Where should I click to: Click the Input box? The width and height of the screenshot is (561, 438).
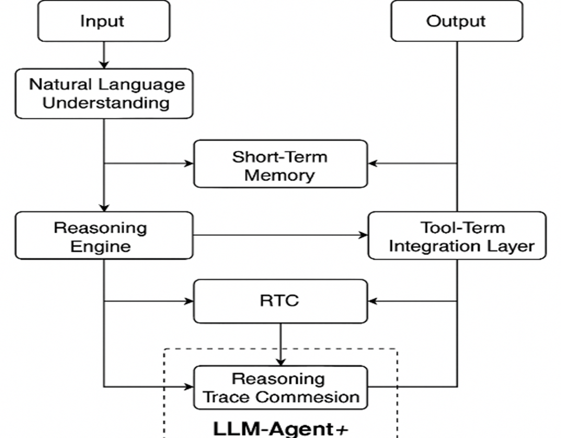pyautogui.click(x=104, y=21)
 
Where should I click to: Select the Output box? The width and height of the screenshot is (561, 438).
pyautogui.click(x=456, y=21)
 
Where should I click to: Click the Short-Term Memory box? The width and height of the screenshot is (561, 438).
pyautogui.click(x=281, y=164)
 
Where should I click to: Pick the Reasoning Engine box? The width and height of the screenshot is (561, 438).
pyautogui.click(x=104, y=236)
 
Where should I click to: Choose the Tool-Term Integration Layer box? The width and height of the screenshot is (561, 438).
pyautogui.click(x=456, y=236)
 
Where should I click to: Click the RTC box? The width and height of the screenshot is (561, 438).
pyautogui.click(x=281, y=301)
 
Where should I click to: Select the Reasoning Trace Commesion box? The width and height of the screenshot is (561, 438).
pyautogui.click(x=281, y=387)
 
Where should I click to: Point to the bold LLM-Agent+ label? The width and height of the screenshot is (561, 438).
pyautogui.click(x=281, y=428)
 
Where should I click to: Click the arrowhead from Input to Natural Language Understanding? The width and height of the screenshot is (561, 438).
pyautogui.click(x=104, y=64)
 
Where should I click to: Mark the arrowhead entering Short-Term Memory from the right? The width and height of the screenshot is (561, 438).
pyautogui.click(x=373, y=163)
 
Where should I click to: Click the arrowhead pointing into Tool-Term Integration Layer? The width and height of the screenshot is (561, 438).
pyautogui.click(x=363, y=236)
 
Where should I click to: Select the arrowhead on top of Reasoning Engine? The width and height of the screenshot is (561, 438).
pyautogui.click(x=104, y=207)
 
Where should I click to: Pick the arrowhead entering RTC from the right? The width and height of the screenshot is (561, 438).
pyautogui.click(x=373, y=301)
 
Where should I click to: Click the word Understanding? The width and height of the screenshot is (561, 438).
pyautogui.click(x=106, y=103)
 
